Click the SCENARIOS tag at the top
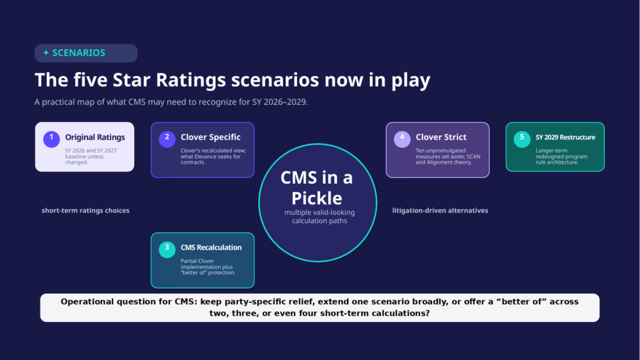tap(86, 53)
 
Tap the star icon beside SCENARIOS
tap(46, 52)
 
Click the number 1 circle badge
tap(51, 139)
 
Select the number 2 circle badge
tap(167, 139)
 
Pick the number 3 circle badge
tap(167, 249)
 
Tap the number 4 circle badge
tap(402, 139)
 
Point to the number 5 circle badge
tap(522, 139)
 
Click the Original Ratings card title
tap(95, 137)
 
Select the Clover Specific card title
tap(211, 137)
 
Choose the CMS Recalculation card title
tap(211, 247)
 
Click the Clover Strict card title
tap(441, 137)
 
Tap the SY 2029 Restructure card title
tap(565, 137)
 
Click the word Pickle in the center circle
tap(317, 198)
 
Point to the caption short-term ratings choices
tap(85, 211)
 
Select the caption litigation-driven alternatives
tap(440, 211)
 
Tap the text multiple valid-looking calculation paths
tap(319, 217)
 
